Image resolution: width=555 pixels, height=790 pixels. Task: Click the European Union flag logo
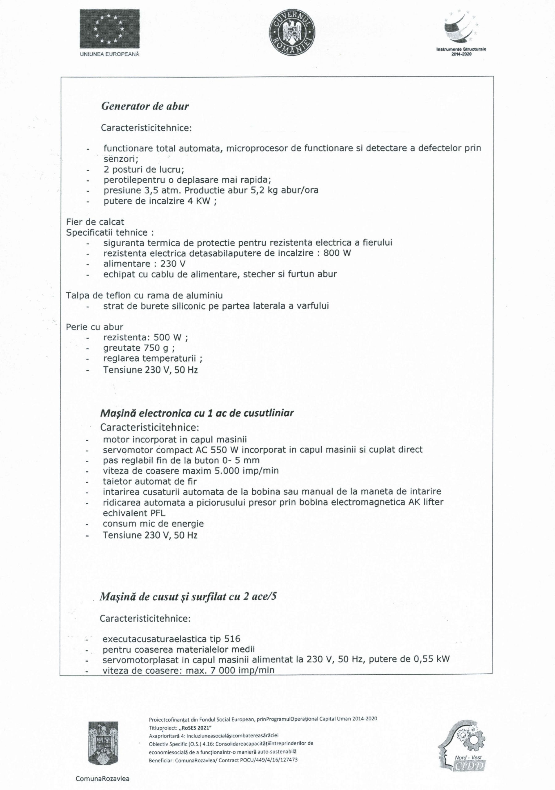click(x=110, y=29)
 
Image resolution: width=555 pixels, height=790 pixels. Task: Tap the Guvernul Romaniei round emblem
click(x=292, y=33)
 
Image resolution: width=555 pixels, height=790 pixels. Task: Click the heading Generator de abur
click(x=145, y=106)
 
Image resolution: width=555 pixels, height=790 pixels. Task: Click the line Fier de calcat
click(x=95, y=222)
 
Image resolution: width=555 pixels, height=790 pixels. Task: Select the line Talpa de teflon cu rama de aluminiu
click(x=144, y=295)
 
